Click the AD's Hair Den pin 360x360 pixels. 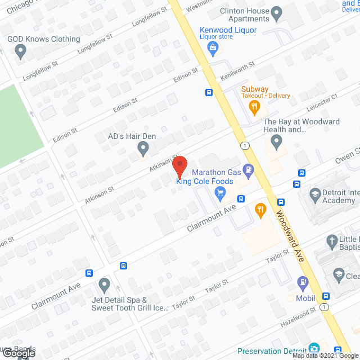pos(143,148)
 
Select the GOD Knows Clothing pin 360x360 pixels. pos(21,52)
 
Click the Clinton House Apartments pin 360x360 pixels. pos(277,12)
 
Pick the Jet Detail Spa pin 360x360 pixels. pos(104,284)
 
